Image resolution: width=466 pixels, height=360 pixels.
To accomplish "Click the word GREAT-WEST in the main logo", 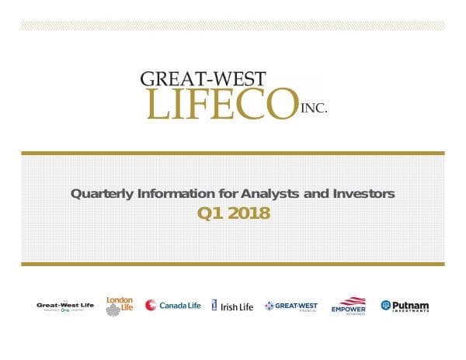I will [x=203, y=78].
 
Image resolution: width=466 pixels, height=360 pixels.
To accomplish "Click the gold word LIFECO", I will [x=222, y=104].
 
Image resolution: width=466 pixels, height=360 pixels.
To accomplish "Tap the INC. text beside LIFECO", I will [x=314, y=109].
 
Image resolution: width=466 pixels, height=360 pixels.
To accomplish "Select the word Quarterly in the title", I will [x=97, y=194].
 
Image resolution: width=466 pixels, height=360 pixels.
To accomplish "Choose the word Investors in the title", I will [x=363, y=194].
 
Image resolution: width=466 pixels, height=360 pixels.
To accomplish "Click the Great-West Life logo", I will [x=65, y=306].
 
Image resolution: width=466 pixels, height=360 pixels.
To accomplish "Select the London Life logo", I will [x=119, y=306].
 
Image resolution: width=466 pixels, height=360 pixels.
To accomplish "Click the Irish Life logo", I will [x=232, y=306].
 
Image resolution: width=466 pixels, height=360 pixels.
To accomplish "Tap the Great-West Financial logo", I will [x=290, y=306].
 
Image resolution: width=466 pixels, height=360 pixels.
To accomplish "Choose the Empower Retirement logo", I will [x=348, y=306].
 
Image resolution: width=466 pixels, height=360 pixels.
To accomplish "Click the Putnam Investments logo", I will [x=405, y=306].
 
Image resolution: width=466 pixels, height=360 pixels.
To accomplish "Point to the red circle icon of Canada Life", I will [x=151, y=306].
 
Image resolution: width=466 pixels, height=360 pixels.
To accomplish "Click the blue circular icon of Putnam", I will [x=385, y=306].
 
